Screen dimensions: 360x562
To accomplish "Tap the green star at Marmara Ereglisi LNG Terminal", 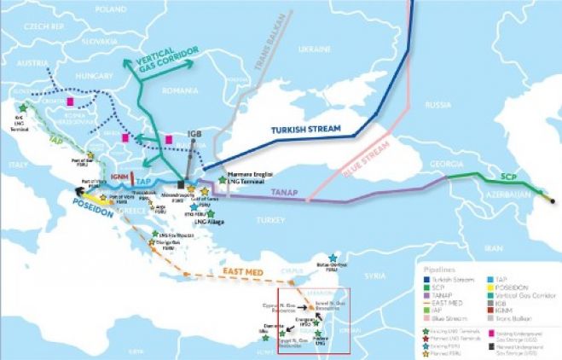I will click(x=222, y=180).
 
